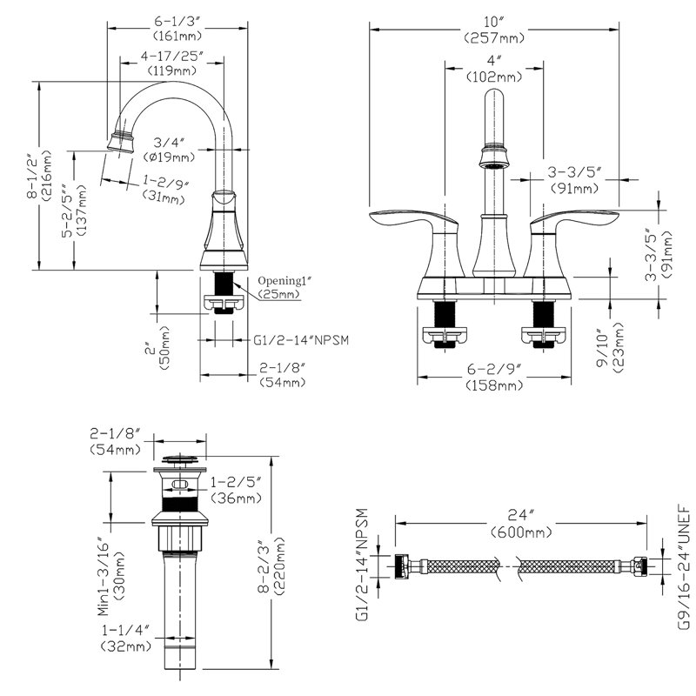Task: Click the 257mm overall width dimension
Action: (493, 38)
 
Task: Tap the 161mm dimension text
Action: (177, 36)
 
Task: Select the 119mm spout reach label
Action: (172, 70)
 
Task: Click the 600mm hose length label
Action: (521, 532)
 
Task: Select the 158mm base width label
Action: (494, 385)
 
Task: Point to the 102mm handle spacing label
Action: (493, 77)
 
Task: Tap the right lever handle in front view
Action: (572, 242)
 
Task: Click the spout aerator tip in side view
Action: (121, 142)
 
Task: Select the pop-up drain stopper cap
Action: (180, 459)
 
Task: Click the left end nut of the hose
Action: (401, 566)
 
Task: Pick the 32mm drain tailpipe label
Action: (126, 646)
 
